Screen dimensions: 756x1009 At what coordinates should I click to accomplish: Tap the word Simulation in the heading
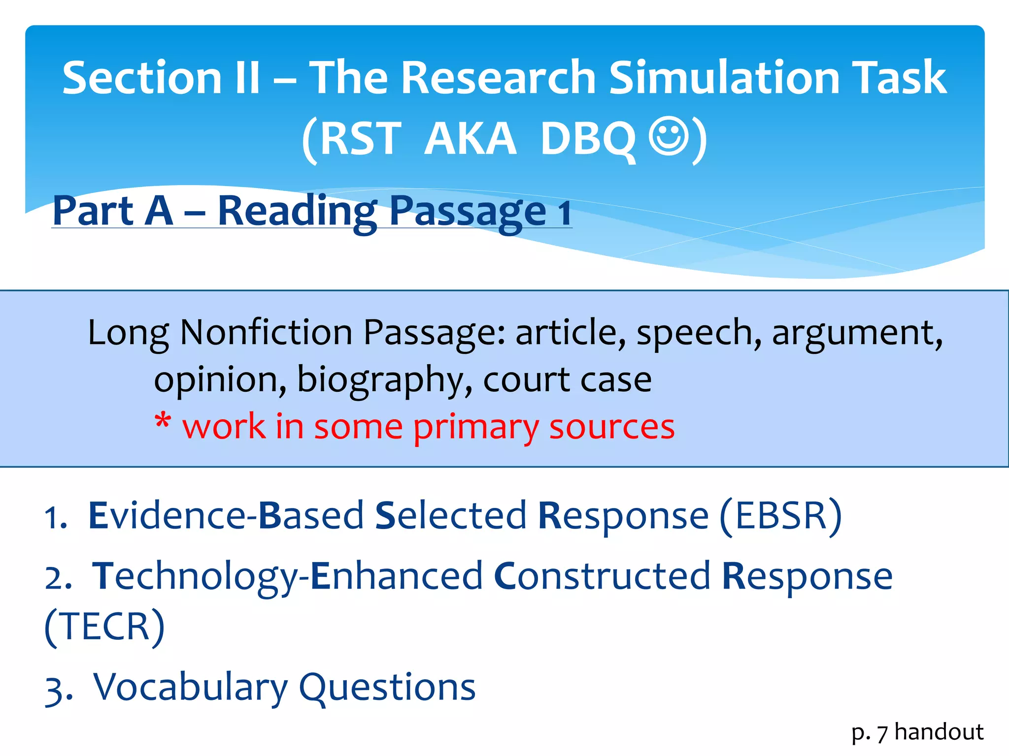(x=724, y=78)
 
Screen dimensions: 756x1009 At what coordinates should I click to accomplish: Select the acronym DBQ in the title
(x=587, y=139)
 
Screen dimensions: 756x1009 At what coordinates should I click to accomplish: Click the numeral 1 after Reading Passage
(x=564, y=213)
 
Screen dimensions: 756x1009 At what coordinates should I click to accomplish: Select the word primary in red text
(x=475, y=426)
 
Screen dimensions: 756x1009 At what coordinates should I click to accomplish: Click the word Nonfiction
(x=266, y=333)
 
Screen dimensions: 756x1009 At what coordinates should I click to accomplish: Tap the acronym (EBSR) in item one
(x=780, y=516)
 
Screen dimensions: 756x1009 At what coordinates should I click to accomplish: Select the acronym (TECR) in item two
(x=104, y=627)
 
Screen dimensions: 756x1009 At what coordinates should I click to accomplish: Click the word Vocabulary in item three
(x=190, y=687)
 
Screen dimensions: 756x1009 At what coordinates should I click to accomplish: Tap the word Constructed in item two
(x=602, y=577)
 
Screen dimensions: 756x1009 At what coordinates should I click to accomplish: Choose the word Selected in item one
(x=450, y=516)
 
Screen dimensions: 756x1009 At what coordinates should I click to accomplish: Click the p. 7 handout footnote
(x=917, y=732)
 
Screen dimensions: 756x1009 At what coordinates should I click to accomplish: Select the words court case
(x=567, y=380)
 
